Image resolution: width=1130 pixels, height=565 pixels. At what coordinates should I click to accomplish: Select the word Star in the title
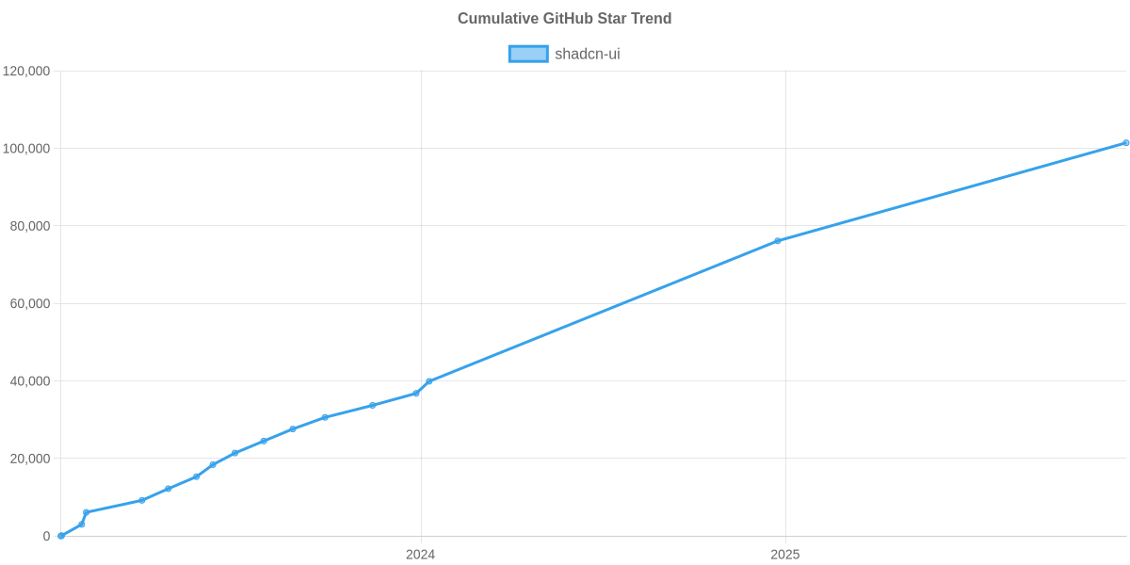[615, 19]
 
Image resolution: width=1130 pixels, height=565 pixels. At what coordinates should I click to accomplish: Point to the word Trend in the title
[653, 19]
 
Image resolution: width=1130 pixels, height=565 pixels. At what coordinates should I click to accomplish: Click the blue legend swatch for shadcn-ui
[527, 54]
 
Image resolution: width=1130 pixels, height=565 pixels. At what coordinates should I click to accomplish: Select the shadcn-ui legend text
[588, 54]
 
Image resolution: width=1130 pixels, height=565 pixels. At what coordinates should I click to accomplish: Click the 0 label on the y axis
[46, 536]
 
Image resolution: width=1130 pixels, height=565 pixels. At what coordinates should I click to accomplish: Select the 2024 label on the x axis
[420, 555]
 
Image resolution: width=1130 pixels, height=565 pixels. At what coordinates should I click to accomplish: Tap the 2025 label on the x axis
[785, 555]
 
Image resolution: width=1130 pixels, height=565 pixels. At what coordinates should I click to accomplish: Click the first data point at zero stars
[61, 536]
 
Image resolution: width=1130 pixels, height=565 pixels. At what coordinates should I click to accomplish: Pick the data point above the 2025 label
[778, 241]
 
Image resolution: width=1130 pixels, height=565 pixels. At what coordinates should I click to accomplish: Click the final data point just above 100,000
[1125, 143]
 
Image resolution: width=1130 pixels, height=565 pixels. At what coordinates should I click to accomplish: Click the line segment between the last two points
[951, 192]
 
